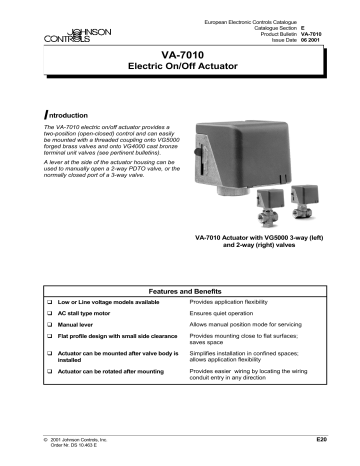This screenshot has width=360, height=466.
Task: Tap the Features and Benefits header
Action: [180, 257]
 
